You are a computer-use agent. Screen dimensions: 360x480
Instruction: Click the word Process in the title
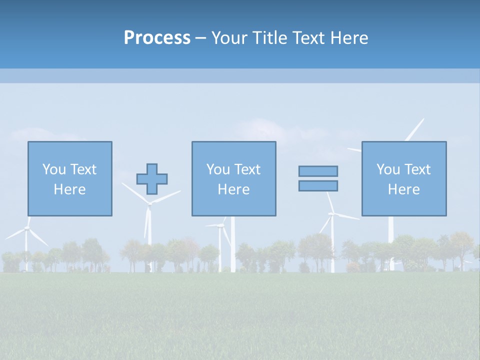click(157, 38)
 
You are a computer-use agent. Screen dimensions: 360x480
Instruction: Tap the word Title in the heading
click(270, 38)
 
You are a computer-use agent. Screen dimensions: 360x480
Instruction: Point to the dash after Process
click(200, 38)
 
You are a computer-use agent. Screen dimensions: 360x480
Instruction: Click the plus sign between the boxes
click(152, 179)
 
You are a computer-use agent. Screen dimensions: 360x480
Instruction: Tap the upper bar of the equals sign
click(318, 171)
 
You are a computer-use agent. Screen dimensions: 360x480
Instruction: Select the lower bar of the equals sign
click(318, 185)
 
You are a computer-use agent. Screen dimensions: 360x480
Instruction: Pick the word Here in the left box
click(69, 189)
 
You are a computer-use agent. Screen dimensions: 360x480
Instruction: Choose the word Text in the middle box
click(247, 169)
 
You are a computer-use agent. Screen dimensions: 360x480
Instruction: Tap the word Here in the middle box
click(233, 189)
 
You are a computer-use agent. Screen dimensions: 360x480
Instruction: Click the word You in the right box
click(388, 169)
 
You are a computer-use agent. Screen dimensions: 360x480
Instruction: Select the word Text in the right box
click(417, 169)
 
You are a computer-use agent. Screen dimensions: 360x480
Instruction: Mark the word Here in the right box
click(403, 189)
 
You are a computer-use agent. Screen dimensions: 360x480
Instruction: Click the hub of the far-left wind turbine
click(26, 228)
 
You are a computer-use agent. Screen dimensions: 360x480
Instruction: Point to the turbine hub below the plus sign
click(148, 203)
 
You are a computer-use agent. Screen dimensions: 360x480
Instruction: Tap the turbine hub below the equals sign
click(332, 214)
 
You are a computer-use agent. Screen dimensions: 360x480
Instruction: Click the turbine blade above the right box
click(414, 129)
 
